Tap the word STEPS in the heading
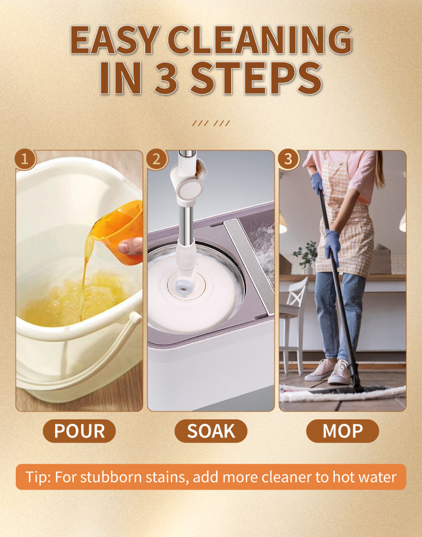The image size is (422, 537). click(257, 78)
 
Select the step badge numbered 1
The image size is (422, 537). click(25, 159)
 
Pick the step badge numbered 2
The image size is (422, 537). click(157, 159)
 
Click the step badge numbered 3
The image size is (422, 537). click(289, 159)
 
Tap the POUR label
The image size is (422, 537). click(79, 431)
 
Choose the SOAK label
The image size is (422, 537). click(211, 431)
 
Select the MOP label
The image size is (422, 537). click(343, 431)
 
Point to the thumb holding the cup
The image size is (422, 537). click(129, 246)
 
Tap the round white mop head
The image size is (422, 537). click(195, 291)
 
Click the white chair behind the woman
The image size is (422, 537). click(292, 325)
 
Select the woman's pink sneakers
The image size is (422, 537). click(328, 371)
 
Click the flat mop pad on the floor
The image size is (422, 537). click(342, 393)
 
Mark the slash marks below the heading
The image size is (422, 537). click(211, 123)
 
